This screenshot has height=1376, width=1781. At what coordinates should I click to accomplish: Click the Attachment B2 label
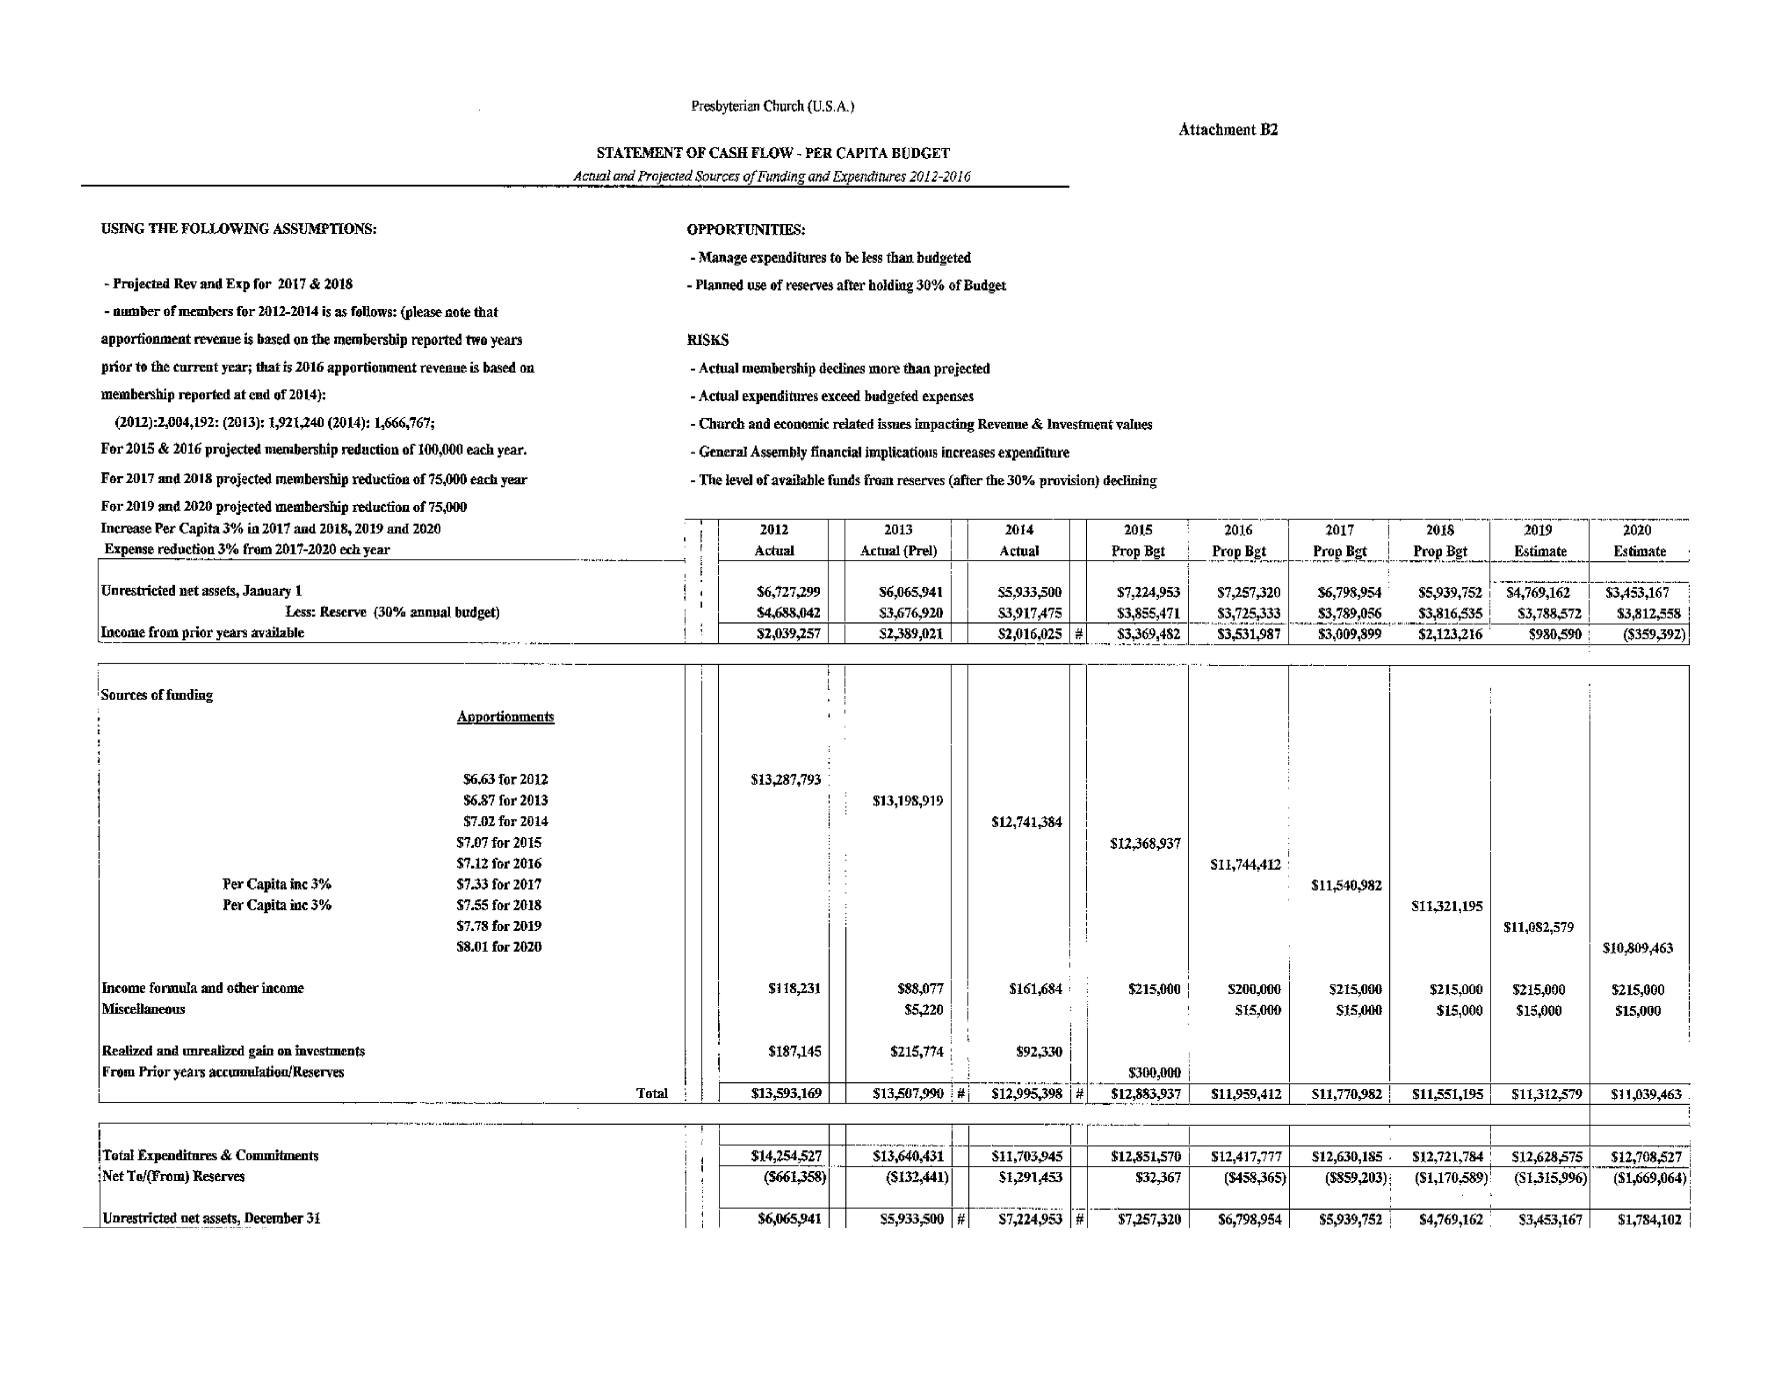point(1228,130)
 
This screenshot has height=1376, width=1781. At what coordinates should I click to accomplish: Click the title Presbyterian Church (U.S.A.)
point(772,106)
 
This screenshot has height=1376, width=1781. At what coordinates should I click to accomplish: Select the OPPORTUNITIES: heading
point(746,230)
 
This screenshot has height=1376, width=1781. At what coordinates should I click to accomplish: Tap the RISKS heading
point(708,340)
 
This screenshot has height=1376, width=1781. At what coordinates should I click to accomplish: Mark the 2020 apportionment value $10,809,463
point(1637,948)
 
